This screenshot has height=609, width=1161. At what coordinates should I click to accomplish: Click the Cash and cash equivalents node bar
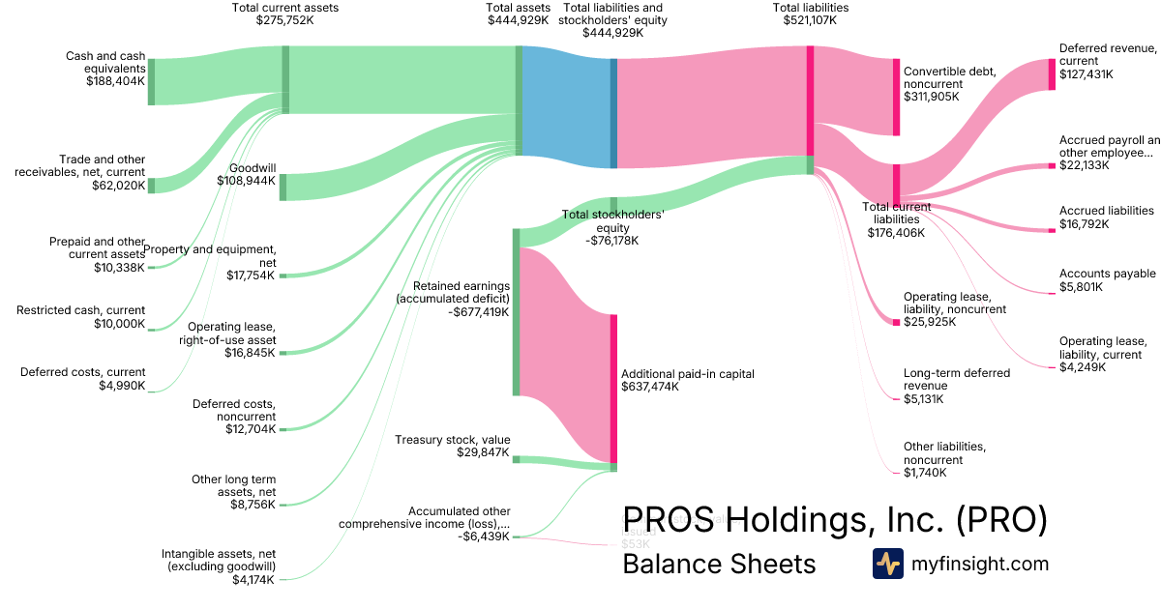click(x=151, y=81)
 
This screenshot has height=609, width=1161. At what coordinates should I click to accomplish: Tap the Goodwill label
click(x=253, y=167)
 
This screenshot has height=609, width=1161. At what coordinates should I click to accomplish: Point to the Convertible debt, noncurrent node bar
click(x=896, y=97)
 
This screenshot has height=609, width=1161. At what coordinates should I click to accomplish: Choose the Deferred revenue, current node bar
click(x=1052, y=74)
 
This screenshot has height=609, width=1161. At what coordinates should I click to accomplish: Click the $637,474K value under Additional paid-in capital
click(x=650, y=387)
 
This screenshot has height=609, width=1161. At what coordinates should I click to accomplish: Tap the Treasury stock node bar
click(x=516, y=459)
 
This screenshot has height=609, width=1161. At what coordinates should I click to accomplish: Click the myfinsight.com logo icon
click(x=887, y=564)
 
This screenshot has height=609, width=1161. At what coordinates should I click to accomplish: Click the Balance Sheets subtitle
click(x=719, y=564)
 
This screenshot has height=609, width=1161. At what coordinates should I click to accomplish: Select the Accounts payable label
click(x=1107, y=274)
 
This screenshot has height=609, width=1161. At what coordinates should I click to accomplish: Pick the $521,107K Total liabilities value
click(x=811, y=19)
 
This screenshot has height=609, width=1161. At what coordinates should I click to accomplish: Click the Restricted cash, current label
click(x=81, y=310)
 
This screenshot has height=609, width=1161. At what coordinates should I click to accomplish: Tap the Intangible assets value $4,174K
click(x=253, y=580)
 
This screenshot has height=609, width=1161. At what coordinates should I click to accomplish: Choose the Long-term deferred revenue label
click(x=956, y=379)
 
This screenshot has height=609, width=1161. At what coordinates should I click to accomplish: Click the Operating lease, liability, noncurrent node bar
click(x=896, y=322)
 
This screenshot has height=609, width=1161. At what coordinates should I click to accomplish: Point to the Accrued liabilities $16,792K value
click(x=1084, y=224)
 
